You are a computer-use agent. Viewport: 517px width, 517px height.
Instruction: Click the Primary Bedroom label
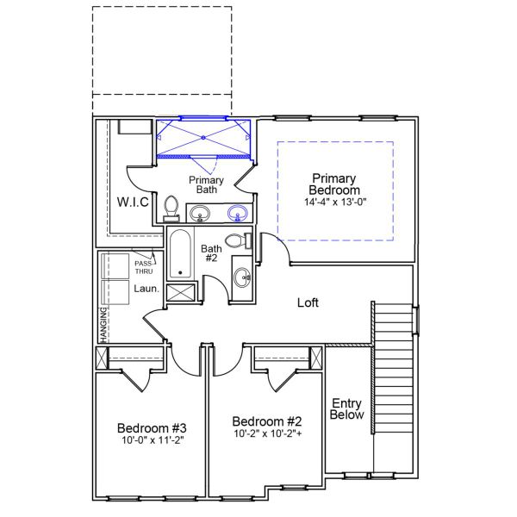(335, 184)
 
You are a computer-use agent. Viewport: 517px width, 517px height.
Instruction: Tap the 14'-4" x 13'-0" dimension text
(335, 202)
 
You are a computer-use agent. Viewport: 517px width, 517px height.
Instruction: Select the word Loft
(308, 302)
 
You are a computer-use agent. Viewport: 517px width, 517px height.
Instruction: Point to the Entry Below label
(347, 408)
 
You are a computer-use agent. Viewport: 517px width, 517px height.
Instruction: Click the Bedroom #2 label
(267, 421)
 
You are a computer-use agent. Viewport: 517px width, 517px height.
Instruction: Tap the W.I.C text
(133, 202)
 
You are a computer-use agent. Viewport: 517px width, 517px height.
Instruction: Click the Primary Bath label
(207, 184)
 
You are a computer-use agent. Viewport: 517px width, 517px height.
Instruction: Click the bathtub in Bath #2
(180, 253)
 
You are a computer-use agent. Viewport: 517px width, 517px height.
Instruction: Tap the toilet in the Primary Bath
(171, 208)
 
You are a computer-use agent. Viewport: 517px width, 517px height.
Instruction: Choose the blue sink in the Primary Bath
(237, 213)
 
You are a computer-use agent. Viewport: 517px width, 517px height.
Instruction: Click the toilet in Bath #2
(235, 240)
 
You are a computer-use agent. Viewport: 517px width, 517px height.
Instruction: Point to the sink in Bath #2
(242, 277)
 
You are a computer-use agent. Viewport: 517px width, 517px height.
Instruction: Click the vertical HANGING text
(103, 325)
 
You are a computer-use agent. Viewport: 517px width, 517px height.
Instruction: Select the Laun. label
(146, 290)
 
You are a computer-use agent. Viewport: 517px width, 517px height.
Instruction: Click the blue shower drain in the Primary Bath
(203, 136)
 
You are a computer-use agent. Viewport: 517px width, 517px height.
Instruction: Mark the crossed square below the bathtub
(181, 290)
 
